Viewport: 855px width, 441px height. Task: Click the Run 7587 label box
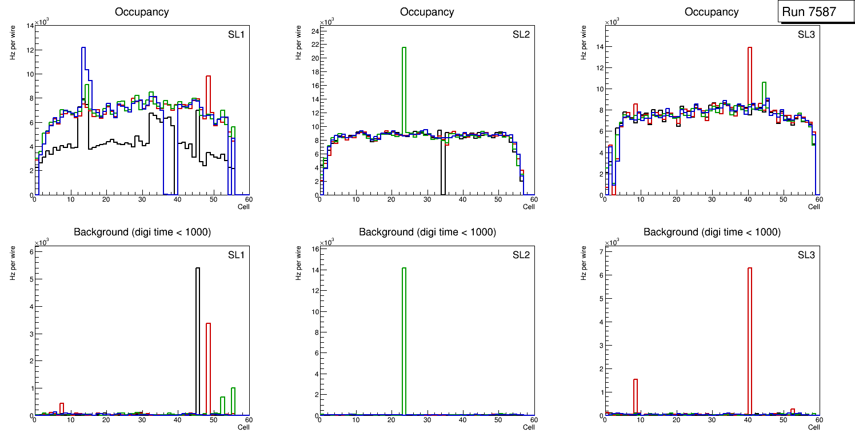coord(812,12)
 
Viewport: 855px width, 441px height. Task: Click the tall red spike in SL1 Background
coord(209,366)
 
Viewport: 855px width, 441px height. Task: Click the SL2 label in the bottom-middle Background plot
coord(521,255)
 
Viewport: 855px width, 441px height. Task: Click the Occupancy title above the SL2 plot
coord(427,12)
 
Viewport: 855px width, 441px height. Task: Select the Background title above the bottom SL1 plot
coord(142,232)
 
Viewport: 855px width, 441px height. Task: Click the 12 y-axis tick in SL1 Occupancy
coord(29,50)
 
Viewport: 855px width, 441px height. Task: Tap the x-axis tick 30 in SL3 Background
coord(712,420)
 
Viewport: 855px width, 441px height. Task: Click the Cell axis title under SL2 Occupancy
coord(529,206)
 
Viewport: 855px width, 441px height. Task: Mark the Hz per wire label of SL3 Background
coord(584,262)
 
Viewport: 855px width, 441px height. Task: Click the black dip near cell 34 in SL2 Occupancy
coord(443,171)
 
